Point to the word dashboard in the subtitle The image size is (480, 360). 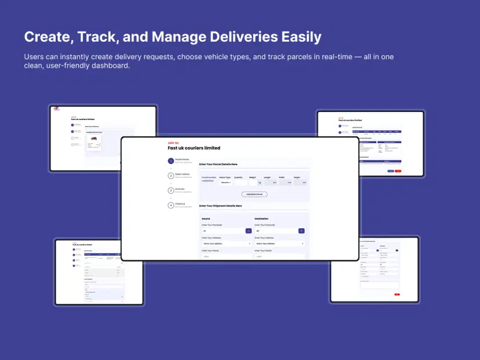[108, 66]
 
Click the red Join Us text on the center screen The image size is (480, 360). [173, 143]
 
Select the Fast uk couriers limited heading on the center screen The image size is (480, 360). [194, 148]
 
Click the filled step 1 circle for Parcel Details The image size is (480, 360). [170, 161]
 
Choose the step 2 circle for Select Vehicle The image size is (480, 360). [170, 176]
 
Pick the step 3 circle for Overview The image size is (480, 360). [170, 190]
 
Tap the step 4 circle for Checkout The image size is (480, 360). [170, 205]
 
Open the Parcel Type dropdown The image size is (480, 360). [226, 183]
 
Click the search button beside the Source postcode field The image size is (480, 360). [249, 231]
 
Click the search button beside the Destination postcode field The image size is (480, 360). [301, 231]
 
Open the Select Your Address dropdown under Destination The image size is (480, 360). [279, 243]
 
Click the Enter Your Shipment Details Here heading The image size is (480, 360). [220, 206]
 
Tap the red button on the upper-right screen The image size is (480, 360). [398, 171]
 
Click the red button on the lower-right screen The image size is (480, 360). [397, 294]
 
